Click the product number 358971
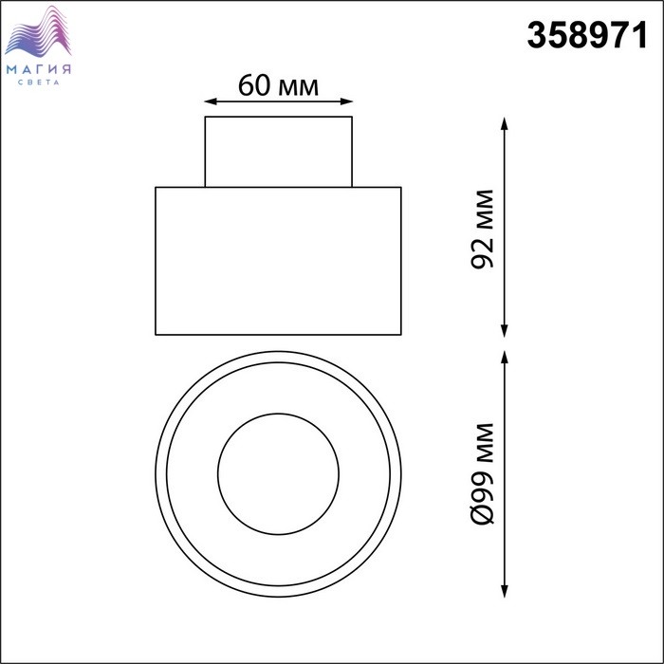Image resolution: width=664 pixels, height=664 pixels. pos(587,36)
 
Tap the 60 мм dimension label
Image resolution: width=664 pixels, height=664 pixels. pos(278,85)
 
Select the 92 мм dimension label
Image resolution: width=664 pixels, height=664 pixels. pos(482,229)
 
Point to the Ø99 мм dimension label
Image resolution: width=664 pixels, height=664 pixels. pos(482,474)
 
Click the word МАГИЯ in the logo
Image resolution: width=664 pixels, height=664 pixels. pos(39,69)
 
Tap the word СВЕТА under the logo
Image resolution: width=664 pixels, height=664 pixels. pos(39,83)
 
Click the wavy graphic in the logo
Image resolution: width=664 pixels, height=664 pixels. pos(38,31)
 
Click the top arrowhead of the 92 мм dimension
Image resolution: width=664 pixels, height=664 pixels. pos(504,123)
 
